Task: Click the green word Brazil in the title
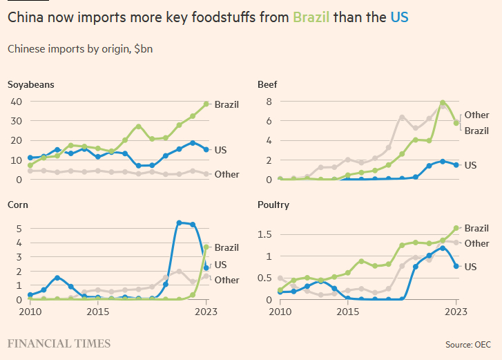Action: click(x=311, y=17)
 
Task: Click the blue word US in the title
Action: click(x=399, y=17)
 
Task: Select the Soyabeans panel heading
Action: click(x=31, y=85)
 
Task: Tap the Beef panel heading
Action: click(x=267, y=85)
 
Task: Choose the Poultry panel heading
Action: click(x=273, y=205)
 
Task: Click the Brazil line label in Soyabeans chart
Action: click(x=226, y=105)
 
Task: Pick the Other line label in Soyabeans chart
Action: click(x=226, y=175)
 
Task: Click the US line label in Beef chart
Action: click(x=471, y=166)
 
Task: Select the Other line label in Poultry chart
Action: click(x=476, y=243)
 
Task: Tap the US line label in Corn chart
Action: click(x=221, y=265)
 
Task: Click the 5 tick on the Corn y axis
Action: click(x=18, y=228)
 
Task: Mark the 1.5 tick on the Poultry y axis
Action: click(x=264, y=234)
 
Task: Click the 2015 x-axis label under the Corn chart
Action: click(x=98, y=312)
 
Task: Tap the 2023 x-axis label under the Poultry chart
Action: click(x=456, y=312)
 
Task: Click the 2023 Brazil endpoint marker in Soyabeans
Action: click(x=206, y=104)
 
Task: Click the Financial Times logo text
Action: click(x=59, y=343)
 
